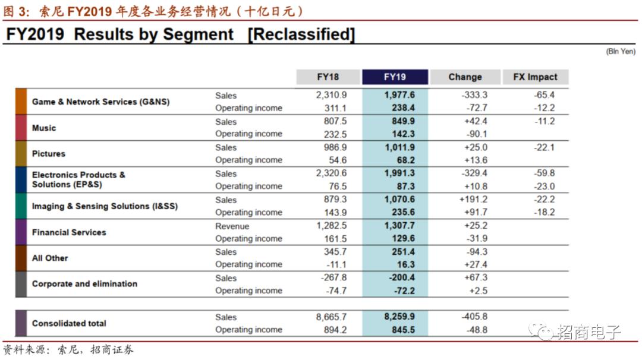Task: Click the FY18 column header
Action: pos(328,77)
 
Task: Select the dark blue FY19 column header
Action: pos(395,77)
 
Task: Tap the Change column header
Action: pos(465,77)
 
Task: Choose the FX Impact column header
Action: pos(535,77)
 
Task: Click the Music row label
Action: pos(44,128)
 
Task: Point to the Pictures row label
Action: pos(49,154)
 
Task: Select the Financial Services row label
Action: pos(69,232)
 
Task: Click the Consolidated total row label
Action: pos(69,323)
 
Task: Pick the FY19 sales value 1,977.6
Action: pos(399,95)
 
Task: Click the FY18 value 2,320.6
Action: pos(332,173)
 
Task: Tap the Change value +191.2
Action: pos(473,200)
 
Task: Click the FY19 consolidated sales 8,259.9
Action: pos(399,317)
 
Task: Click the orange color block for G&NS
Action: pos(21,102)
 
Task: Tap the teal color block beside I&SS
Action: pos(21,206)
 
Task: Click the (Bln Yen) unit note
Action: pos(621,52)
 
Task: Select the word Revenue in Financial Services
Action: pos(232,226)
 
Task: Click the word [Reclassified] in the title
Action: pos(301,34)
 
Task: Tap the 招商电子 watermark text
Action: pos(588,332)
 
